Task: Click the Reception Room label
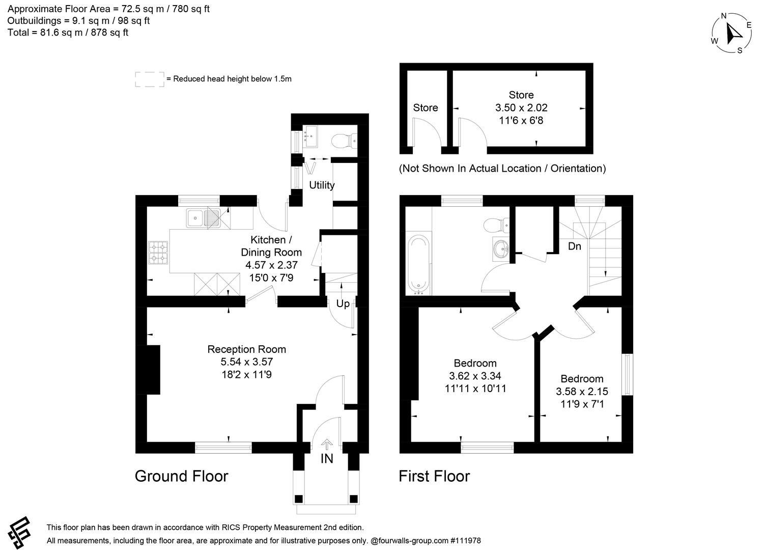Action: point(246,349)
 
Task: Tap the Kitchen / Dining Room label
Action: point(271,246)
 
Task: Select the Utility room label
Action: point(322,185)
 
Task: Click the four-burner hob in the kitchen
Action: point(158,253)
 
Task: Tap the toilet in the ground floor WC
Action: point(344,141)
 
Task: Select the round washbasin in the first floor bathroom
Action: point(501,249)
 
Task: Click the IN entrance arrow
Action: point(327,445)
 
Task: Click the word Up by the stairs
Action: point(343,304)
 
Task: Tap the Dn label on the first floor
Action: point(575,246)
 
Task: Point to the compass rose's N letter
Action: point(724,16)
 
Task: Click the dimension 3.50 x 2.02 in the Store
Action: point(521,107)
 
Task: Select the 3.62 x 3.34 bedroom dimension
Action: point(475,376)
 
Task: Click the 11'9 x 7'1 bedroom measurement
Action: point(582,404)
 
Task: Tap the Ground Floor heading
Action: point(181,476)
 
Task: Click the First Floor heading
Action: point(434,476)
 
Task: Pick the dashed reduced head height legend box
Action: point(150,79)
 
